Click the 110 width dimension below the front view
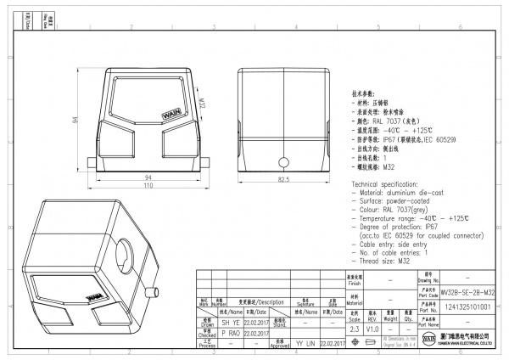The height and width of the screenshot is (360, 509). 148,186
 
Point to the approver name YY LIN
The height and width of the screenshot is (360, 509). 305,344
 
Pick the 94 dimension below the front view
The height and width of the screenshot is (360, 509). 147,177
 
